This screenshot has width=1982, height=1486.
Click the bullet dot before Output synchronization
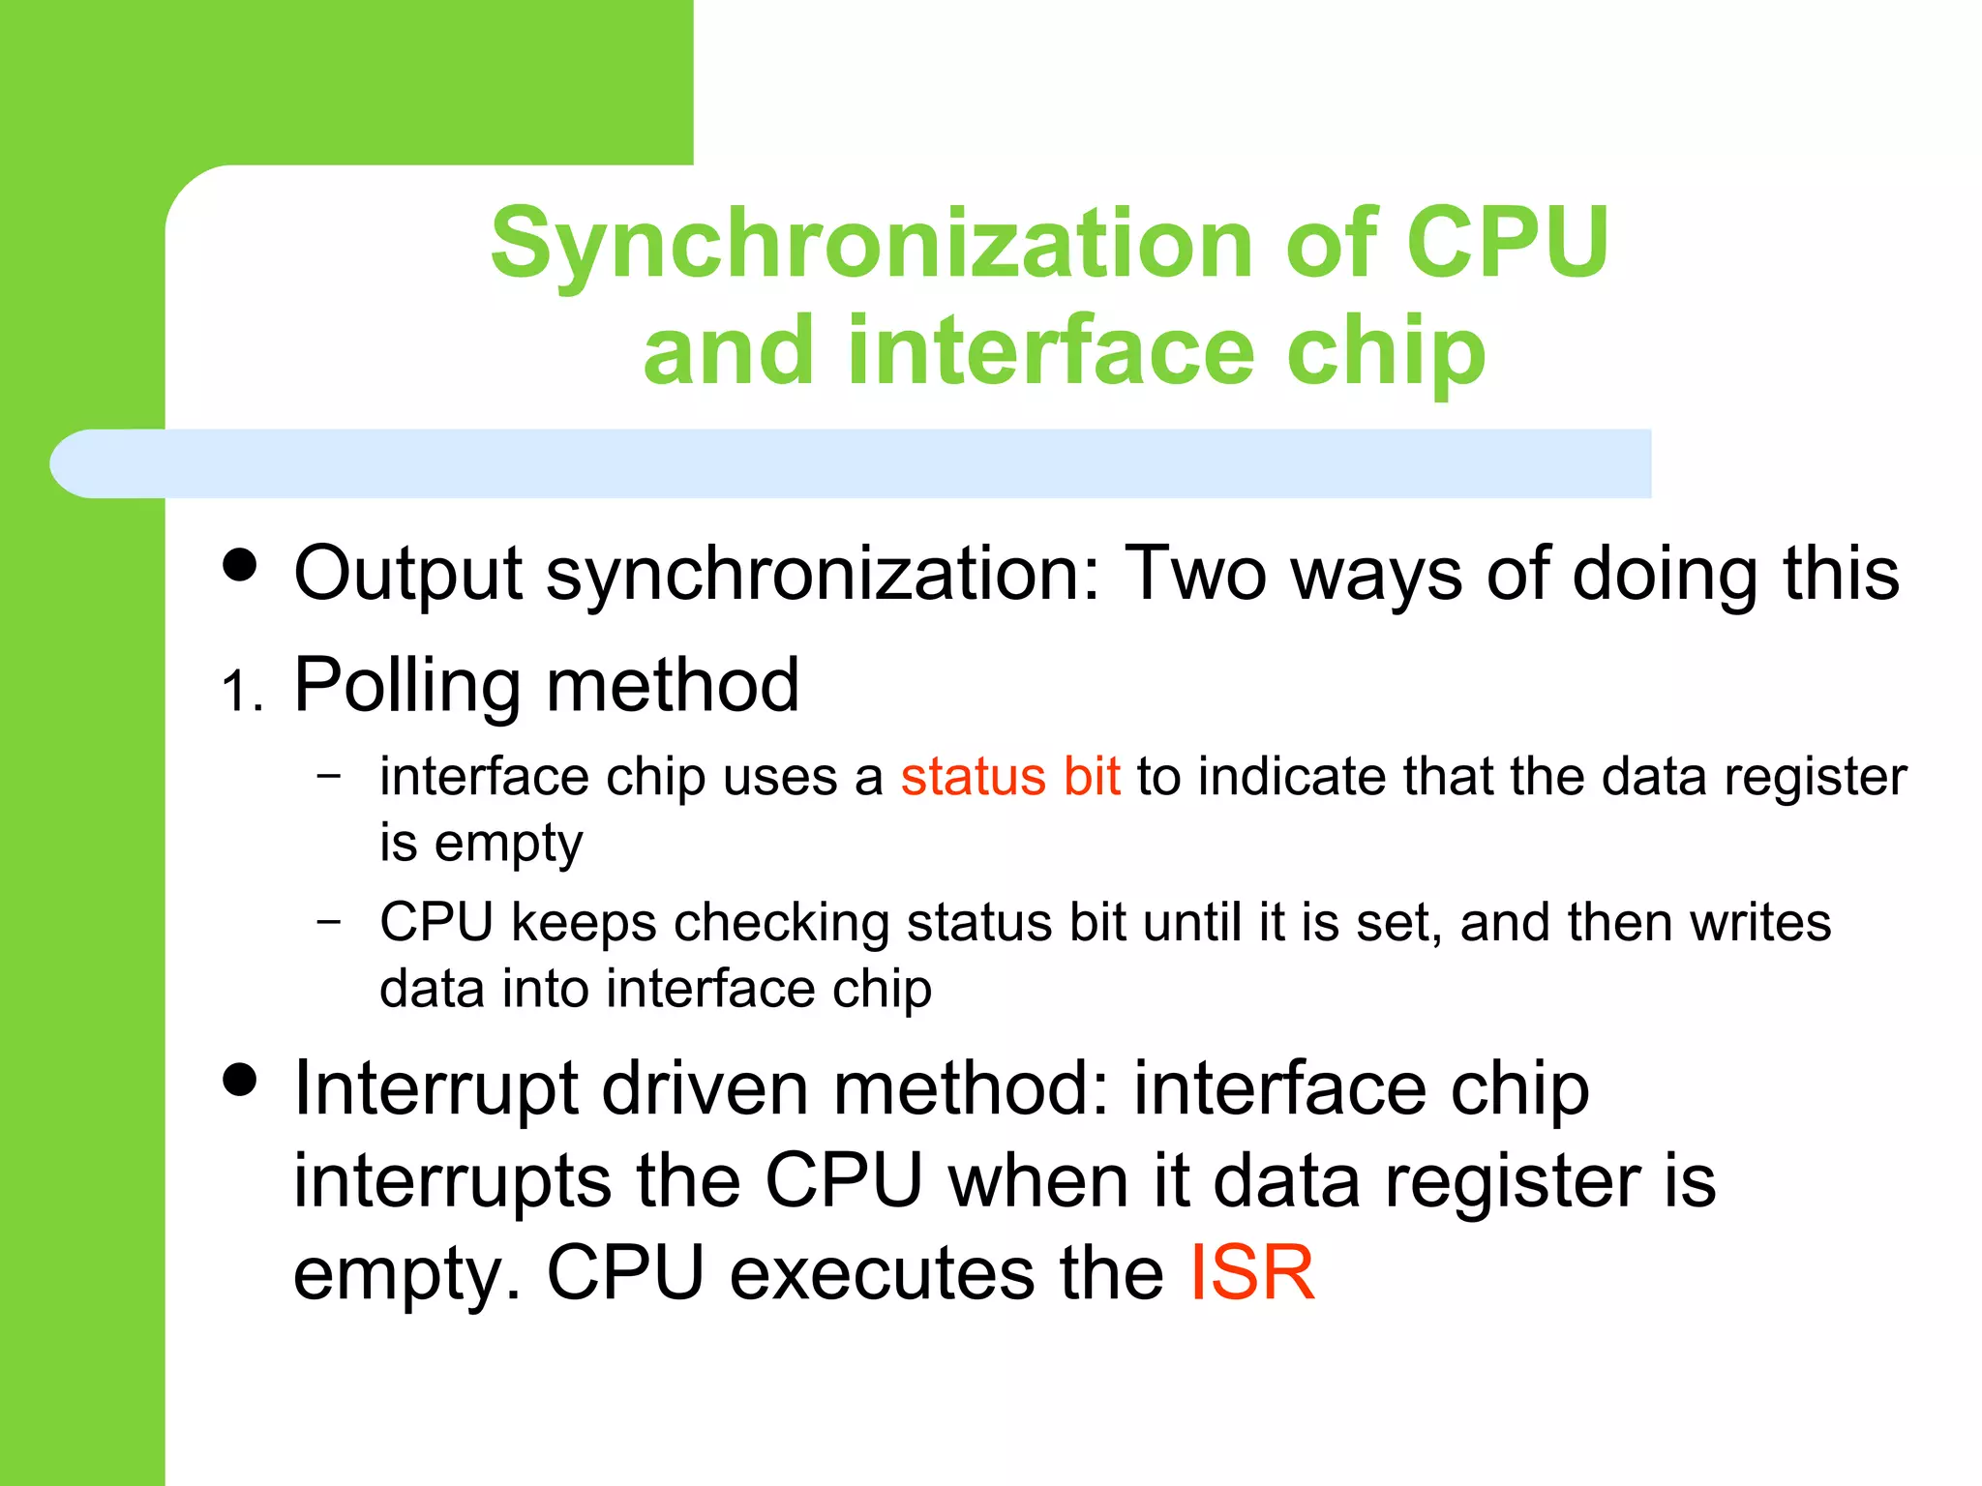coord(240,564)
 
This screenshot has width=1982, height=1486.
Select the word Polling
coord(406,686)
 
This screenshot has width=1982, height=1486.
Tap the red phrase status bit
coord(1010,777)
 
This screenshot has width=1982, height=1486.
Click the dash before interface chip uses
coord(329,775)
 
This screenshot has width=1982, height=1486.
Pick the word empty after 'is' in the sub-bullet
coord(508,844)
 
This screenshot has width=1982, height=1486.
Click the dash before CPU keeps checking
coord(329,920)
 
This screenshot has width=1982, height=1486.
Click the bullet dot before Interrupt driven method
coord(240,1079)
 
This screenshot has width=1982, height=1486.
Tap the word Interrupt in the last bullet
coord(435,1088)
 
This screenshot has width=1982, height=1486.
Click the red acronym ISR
coord(1251,1273)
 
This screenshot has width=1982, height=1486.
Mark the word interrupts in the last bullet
coord(452,1181)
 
